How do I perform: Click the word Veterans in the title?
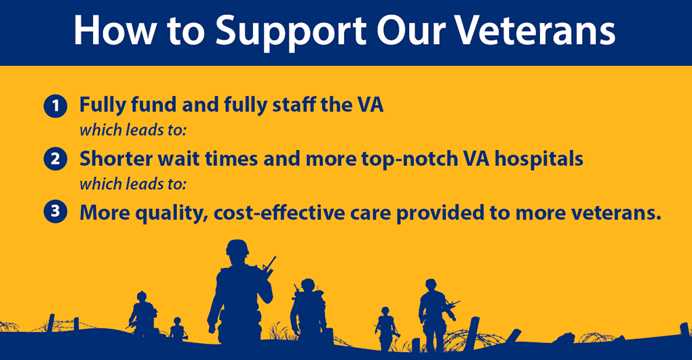pyautogui.click(x=535, y=31)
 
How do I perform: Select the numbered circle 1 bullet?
pyautogui.click(x=55, y=106)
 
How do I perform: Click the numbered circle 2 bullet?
pyautogui.click(x=55, y=159)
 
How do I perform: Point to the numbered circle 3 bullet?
pyautogui.click(x=55, y=212)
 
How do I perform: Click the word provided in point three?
pyautogui.click(x=440, y=214)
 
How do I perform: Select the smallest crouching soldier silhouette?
pyautogui.click(x=178, y=329)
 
